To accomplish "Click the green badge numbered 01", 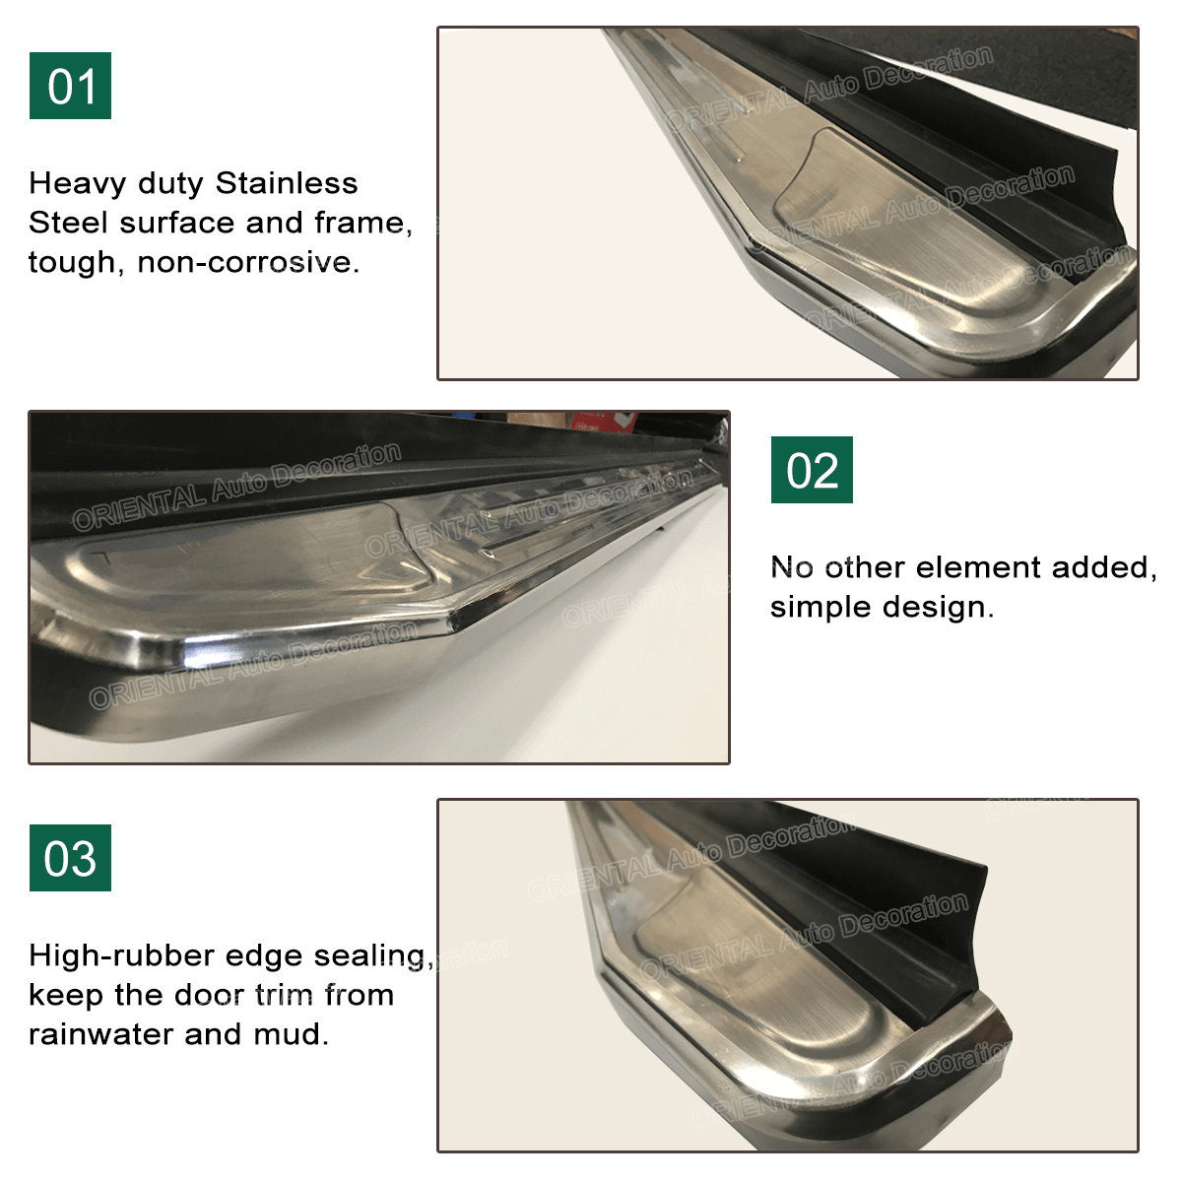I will [x=70, y=86].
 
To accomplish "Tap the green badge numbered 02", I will [x=812, y=470].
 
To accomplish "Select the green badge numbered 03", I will [x=70, y=858].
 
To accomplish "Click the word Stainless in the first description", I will [x=287, y=183].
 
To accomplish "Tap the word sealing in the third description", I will [x=373, y=955].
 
